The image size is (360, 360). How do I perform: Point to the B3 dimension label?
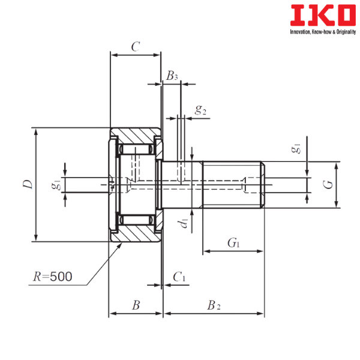(173, 76)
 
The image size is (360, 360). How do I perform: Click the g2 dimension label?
(200, 110)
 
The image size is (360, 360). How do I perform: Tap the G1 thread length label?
(233, 243)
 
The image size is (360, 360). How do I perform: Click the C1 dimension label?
(179, 277)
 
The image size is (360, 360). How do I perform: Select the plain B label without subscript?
(136, 305)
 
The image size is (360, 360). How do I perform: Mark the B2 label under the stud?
(214, 305)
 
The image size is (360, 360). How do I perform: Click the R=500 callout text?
(53, 277)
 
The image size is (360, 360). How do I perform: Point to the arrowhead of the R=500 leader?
(113, 246)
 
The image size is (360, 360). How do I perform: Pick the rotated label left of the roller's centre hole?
(56, 185)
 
